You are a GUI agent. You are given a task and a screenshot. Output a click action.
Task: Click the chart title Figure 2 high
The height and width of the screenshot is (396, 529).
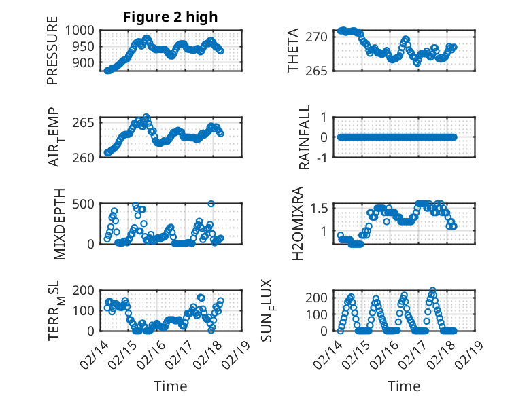[171, 17]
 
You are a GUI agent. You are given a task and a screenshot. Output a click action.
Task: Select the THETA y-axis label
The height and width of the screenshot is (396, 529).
[293, 50]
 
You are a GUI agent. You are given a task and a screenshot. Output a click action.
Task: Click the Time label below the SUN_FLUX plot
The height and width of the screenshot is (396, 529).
[404, 386]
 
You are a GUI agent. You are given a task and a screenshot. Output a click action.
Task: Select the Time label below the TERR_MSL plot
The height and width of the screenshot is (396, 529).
[171, 386]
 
